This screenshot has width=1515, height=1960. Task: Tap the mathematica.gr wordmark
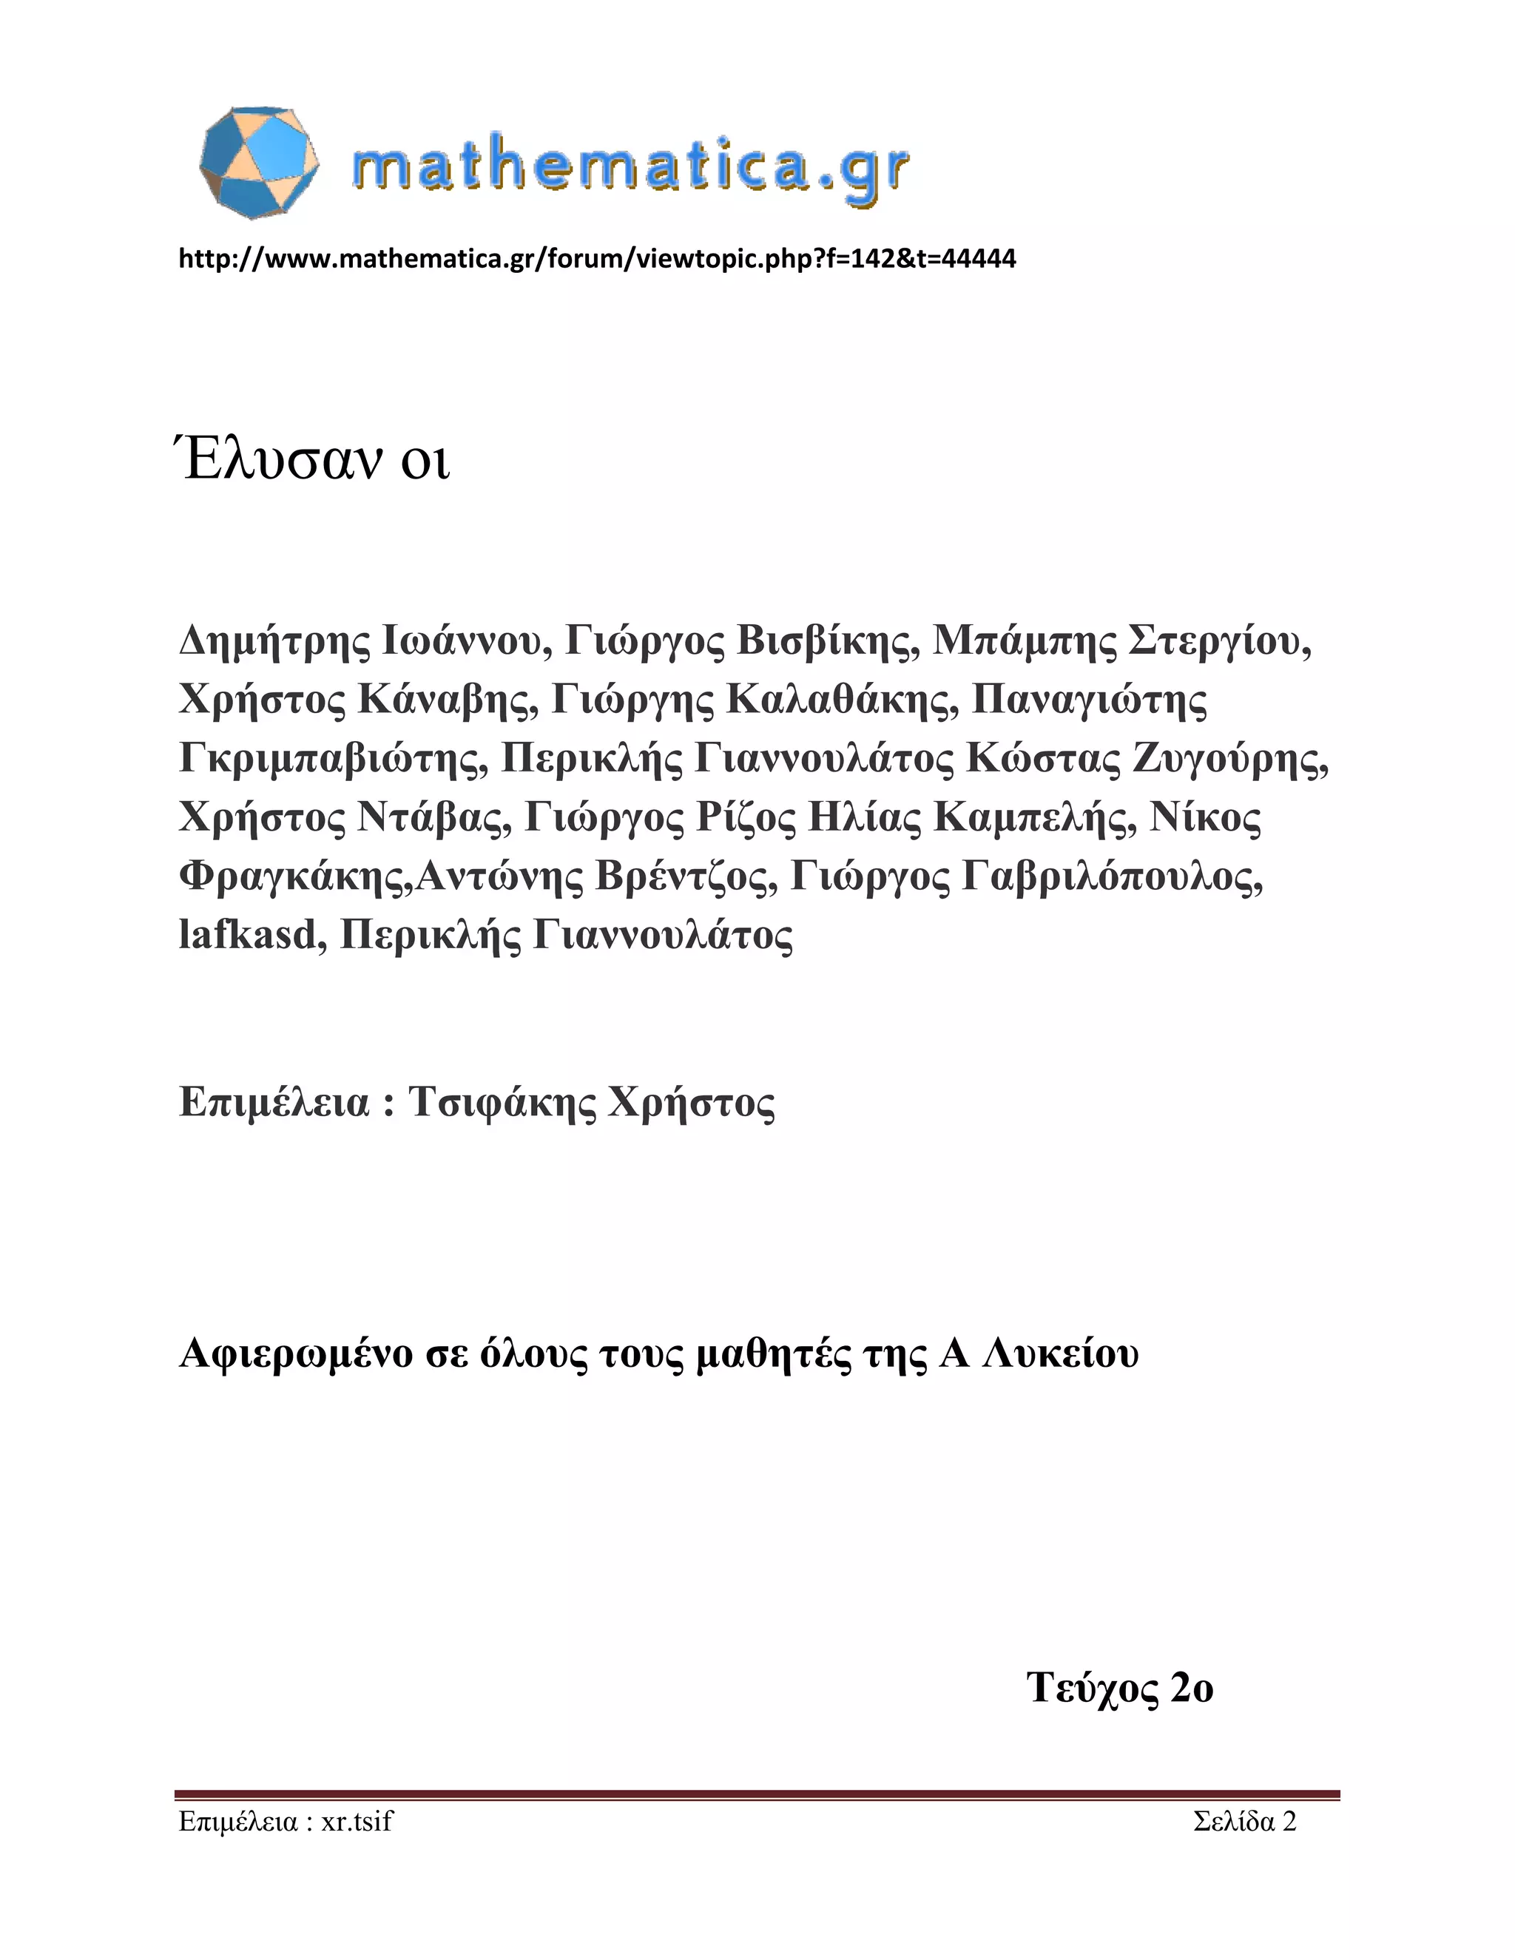click(631, 168)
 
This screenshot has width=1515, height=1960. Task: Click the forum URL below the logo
click(597, 260)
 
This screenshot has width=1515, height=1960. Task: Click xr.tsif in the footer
click(357, 1822)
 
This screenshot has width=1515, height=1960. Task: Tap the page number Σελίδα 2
click(1245, 1822)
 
